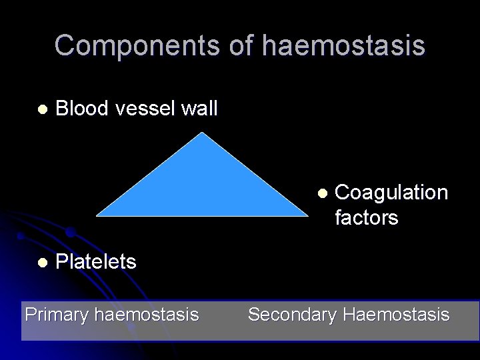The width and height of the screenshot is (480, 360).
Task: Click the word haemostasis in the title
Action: click(343, 45)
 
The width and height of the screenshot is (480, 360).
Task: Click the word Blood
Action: click(83, 108)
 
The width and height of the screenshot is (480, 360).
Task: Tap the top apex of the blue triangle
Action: click(202, 133)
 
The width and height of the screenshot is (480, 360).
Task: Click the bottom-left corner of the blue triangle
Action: click(97, 215)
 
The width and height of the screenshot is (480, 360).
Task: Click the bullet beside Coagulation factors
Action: click(321, 193)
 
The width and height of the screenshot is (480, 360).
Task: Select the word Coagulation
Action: click(391, 193)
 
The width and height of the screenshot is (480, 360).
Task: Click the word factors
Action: click(366, 217)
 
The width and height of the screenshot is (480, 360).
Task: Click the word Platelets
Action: click(96, 262)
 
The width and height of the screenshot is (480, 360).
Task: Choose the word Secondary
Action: click(292, 314)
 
